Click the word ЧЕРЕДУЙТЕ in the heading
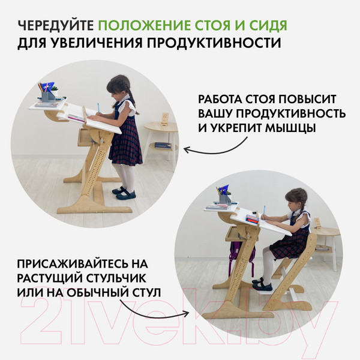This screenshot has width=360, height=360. pyautogui.click(x=55, y=26)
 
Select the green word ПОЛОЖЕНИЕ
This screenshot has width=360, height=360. pyautogui.click(x=138, y=26)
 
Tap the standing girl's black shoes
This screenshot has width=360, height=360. pyautogui.click(x=124, y=193)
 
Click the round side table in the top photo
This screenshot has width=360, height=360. pyautogui.click(x=161, y=128)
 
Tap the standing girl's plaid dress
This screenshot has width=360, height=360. pyautogui.click(x=127, y=141)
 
